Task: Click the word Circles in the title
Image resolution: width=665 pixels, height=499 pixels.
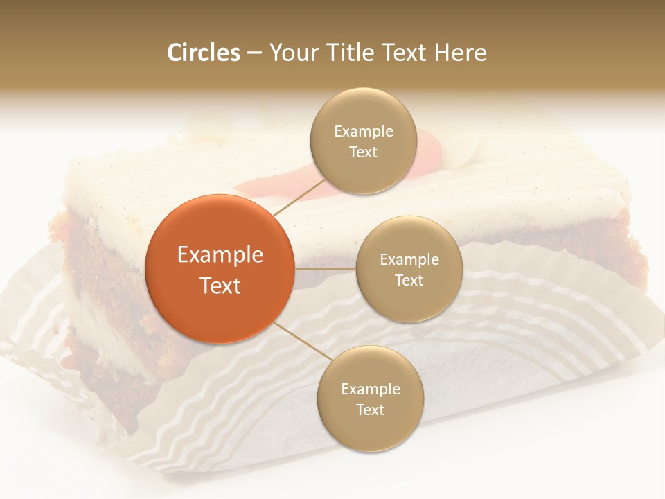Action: click(x=204, y=53)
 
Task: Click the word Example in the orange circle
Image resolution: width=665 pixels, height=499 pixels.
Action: click(x=220, y=255)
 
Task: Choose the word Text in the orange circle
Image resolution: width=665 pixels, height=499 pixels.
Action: click(x=220, y=286)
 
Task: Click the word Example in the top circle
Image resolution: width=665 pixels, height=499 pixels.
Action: click(x=364, y=132)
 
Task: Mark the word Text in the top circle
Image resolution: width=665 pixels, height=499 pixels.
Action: click(x=364, y=152)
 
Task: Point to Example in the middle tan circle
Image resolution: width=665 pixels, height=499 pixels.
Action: click(x=409, y=260)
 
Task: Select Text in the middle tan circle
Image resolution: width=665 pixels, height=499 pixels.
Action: click(x=409, y=280)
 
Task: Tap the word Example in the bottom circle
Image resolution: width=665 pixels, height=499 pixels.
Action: click(x=370, y=389)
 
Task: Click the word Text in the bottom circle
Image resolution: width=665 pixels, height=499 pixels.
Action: click(x=370, y=410)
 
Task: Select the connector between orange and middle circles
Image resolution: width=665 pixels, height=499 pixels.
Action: click(x=325, y=269)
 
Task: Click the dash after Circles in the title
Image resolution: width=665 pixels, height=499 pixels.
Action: click(x=254, y=53)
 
